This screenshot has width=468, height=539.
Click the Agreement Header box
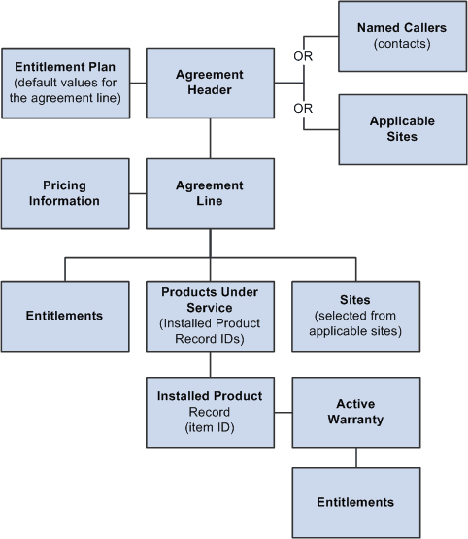point(211,83)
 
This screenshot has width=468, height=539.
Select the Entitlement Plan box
point(65,83)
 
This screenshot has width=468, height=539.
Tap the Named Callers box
point(402,35)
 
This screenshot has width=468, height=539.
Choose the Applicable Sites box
point(402,129)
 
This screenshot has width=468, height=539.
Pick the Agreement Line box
point(211,193)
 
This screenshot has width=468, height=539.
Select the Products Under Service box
point(211,316)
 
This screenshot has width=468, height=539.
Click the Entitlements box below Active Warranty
point(355,501)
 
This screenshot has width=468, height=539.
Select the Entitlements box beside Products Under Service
point(65,316)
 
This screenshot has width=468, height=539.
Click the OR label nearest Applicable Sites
point(303,108)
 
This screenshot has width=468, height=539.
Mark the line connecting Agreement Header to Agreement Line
point(211,138)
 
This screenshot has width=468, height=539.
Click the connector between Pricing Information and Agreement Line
point(137,193)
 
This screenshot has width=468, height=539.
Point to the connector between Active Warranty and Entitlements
point(355,453)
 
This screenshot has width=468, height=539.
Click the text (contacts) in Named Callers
point(402,44)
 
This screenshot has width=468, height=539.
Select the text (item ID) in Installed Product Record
point(211,425)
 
